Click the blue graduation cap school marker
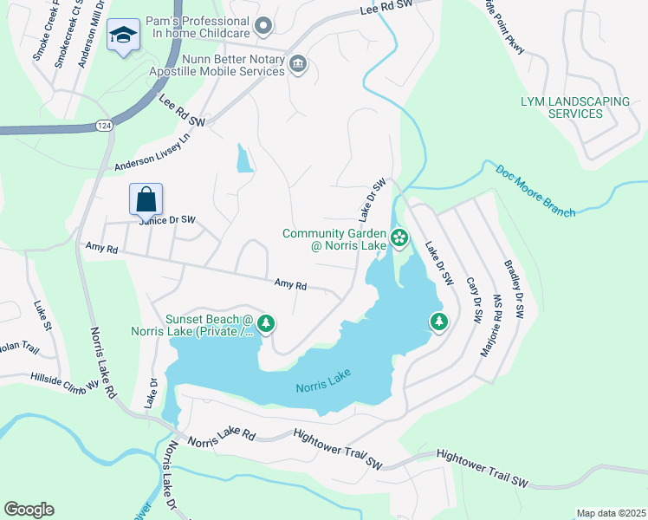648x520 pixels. pos(123,36)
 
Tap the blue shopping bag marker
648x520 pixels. pos(146,198)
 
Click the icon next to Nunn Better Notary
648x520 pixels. pos(299,64)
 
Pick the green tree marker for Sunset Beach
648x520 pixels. pos(266,324)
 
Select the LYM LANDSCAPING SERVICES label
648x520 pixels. pos(574,107)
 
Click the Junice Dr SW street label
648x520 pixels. pos(168,221)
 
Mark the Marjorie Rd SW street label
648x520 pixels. pos(491,328)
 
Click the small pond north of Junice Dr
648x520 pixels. pos(245,159)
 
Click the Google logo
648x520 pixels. pos(29,510)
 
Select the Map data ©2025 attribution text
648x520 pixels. pos(610,513)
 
